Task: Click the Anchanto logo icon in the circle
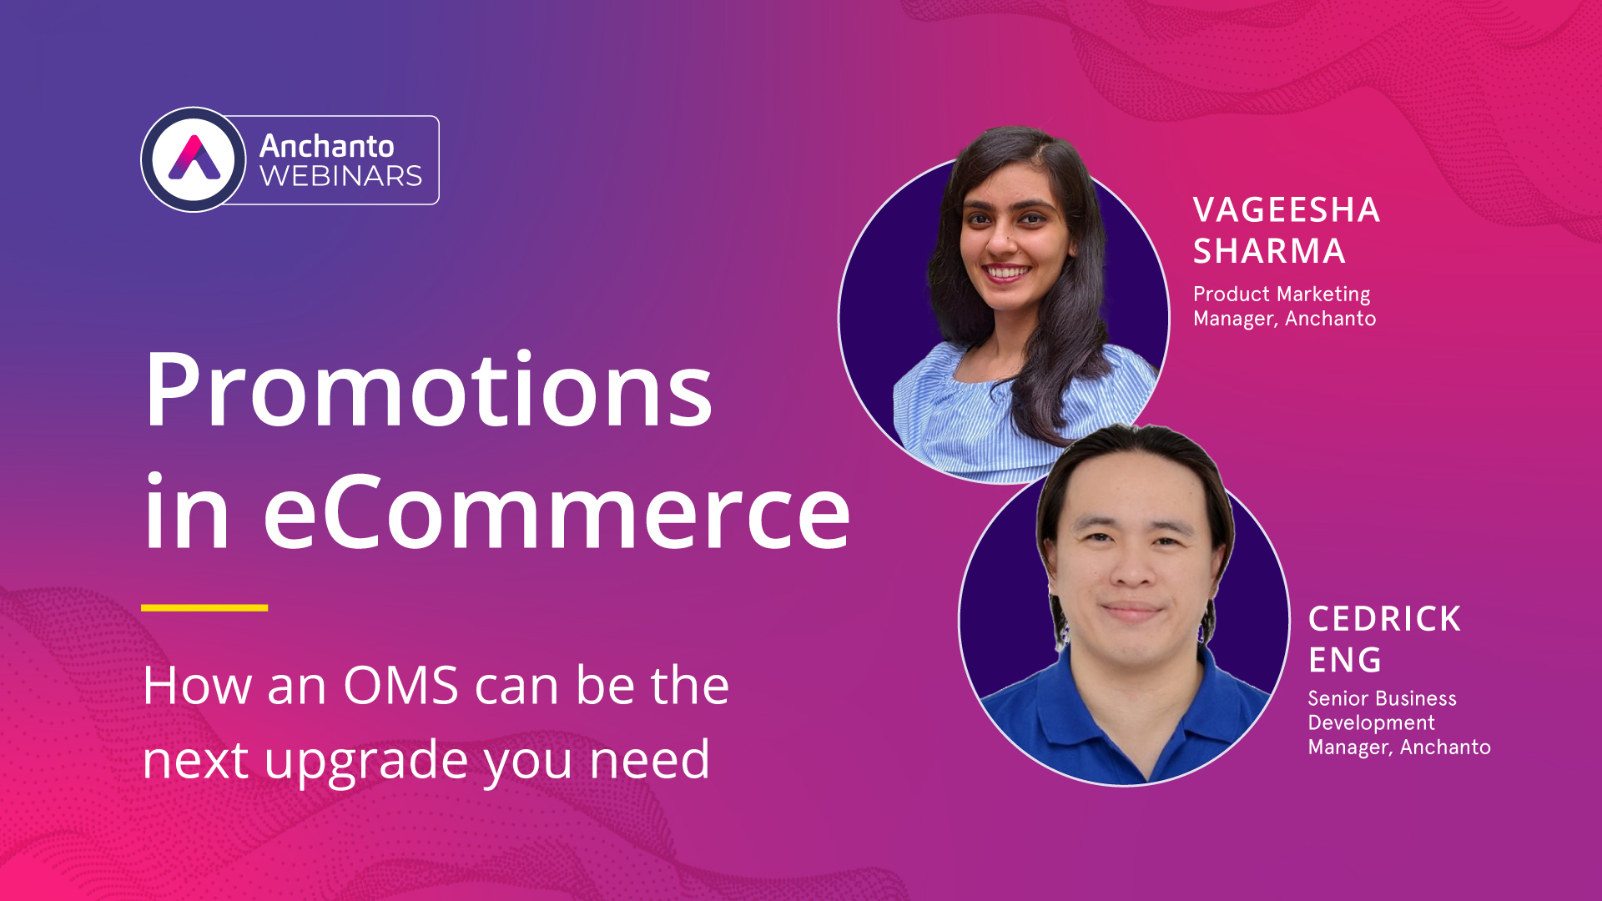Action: [194, 159]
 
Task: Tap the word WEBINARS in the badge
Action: [340, 177]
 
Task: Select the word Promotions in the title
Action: [428, 390]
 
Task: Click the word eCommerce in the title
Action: [557, 512]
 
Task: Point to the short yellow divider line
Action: [204, 608]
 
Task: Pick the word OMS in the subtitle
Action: [400, 686]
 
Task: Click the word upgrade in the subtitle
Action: [366, 761]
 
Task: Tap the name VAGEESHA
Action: [1286, 210]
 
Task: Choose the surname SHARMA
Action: [1268, 251]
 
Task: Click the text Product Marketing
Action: [1282, 294]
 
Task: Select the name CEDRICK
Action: [1384, 619]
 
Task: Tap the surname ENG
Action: [1344, 660]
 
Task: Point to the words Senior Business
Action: [1382, 698]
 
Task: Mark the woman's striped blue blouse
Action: [960, 417]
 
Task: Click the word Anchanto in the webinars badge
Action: [326, 146]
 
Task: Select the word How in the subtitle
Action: [197, 686]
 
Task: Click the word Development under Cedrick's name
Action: [1371, 722]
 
